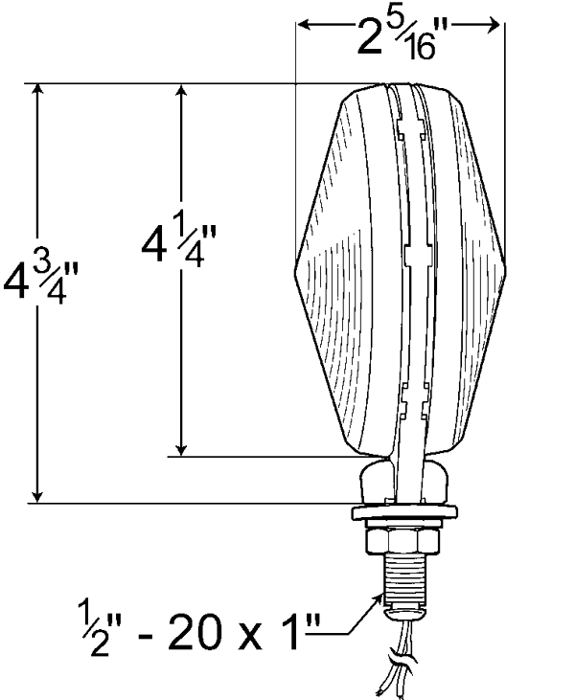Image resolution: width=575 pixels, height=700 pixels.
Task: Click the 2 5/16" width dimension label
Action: (396, 39)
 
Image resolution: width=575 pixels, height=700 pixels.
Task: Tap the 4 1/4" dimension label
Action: (178, 245)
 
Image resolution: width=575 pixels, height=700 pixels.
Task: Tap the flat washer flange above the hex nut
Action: (404, 513)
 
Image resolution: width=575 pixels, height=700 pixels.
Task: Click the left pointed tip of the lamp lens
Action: (295, 271)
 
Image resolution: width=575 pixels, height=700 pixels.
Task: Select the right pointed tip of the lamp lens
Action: (505, 271)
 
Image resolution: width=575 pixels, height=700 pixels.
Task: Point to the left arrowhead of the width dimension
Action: (304, 25)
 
